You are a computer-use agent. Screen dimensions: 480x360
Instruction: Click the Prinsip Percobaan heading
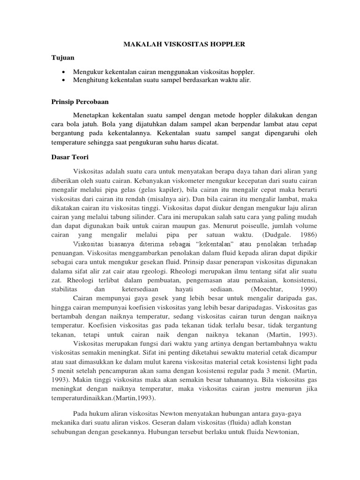click(x=80, y=101)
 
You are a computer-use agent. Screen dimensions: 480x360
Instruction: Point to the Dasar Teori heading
click(x=69, y=157)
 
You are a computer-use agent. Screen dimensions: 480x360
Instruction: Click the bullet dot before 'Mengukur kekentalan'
click(x=63, y=72)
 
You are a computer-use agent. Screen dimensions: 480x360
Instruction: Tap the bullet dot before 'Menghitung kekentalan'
click(x=63, y=81)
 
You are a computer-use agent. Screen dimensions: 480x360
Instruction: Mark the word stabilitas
click(x=65, y=289)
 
